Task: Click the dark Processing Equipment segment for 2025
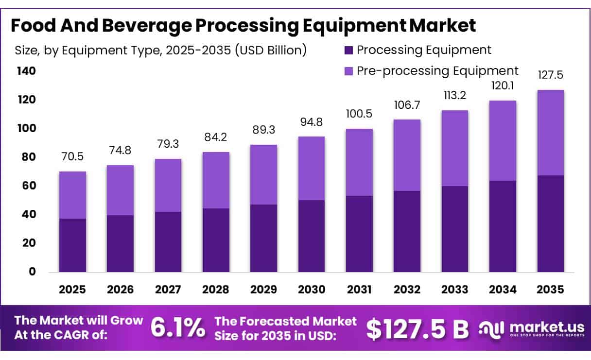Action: (x=72, y=245)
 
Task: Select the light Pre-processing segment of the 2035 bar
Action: (x=551, y=133)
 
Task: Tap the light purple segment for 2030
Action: (x=312, y=168)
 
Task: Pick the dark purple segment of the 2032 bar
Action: (x=407, y=231)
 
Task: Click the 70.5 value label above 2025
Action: (x=72, y=156)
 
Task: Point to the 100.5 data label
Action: (x=359, y=114)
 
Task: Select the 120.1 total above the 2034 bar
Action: (x=503, y=86)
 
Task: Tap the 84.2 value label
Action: (x=216, y=137)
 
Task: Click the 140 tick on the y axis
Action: (x=26, y=71)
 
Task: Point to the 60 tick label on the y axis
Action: (x=29, y=186)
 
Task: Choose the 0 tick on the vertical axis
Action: (x=32, y=272)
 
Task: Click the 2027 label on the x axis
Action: (x=168, y=290)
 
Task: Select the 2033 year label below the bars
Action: (x=455, y=290)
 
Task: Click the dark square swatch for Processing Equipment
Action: (x=348, y=51)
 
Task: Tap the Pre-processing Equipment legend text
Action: (x=438, y=71)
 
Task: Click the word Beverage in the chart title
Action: (x=147, y=26)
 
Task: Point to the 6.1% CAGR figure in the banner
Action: (x=178, y=327)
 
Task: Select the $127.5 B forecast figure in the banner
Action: (x=417, y=328)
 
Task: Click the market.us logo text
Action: (x=547, y=327)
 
